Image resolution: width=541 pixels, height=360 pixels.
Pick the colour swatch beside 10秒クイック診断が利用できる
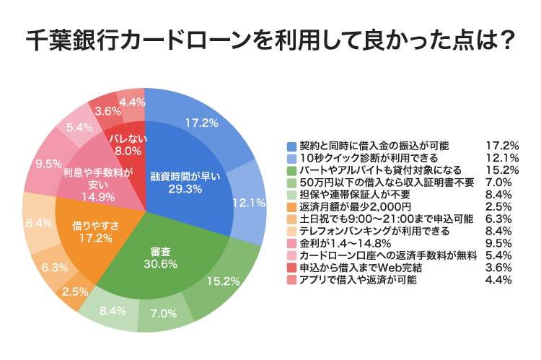(x=291, y=157)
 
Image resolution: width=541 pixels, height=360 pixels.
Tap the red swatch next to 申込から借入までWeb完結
(x=291, y=268)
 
